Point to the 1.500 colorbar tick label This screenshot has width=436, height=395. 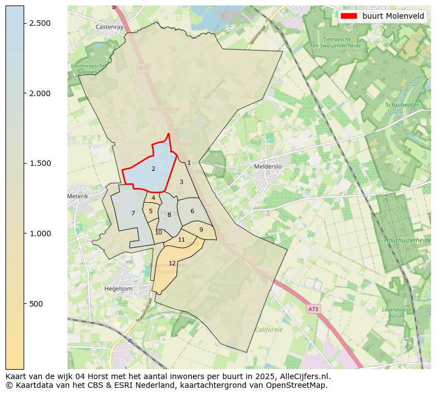pos(39,163)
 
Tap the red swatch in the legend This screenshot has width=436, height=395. pos(348,16)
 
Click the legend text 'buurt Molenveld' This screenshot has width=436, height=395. pos(393,16)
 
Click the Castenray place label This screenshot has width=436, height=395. pos(109,26)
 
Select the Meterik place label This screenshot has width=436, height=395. pos(77,196)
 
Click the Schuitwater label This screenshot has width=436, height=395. pos(401,105)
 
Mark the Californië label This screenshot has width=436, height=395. pos(269,330)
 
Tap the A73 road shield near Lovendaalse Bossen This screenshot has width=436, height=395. pos(313,309)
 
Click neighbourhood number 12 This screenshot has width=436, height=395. pos(172,263)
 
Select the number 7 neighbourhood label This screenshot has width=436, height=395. pos(133,213)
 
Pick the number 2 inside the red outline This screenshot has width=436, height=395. pos(153,169)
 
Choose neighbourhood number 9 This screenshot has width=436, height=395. pos(201,230)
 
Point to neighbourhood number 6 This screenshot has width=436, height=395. pos(192,211)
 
